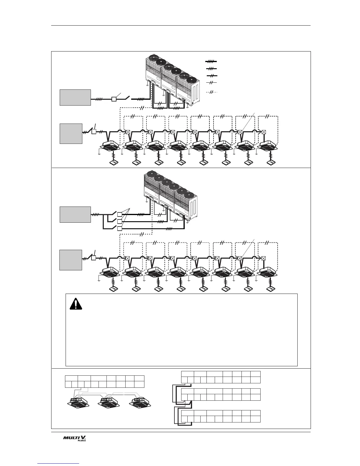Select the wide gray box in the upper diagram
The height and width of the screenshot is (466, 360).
75,97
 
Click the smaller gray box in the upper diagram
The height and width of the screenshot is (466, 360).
71,134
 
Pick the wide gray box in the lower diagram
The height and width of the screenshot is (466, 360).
75,214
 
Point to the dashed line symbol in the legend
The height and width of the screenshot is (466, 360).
211,92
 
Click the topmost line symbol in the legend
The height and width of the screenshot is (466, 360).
211,61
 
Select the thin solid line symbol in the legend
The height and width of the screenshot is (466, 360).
211,83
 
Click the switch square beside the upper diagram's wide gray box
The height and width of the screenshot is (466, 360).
114,99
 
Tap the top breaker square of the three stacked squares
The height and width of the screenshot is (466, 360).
120,214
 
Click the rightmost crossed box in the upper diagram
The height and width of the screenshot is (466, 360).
264,132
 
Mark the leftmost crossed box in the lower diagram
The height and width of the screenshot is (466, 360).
128,258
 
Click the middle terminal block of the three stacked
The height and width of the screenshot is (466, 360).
221,395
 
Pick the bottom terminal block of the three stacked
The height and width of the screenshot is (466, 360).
221,416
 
